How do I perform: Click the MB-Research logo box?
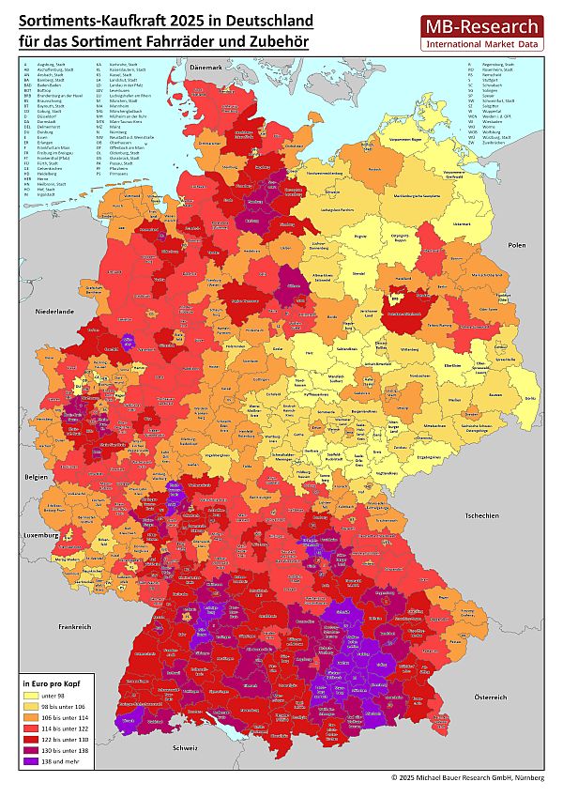481,33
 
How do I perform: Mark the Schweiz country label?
186,748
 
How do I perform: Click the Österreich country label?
488,697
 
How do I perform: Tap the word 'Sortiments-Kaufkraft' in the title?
92,19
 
